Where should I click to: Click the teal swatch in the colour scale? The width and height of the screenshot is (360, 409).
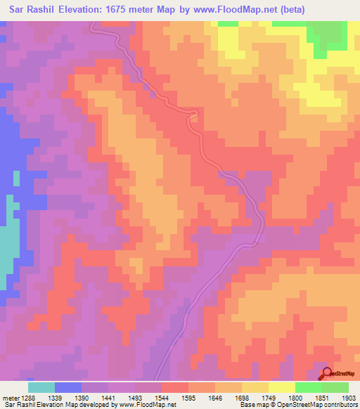pos(41,387)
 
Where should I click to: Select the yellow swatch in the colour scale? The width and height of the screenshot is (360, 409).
pos(282,387)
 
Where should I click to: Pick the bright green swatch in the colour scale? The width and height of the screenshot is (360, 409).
pos(309,387)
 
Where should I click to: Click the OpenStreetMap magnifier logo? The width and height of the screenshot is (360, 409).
pos(327,374)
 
